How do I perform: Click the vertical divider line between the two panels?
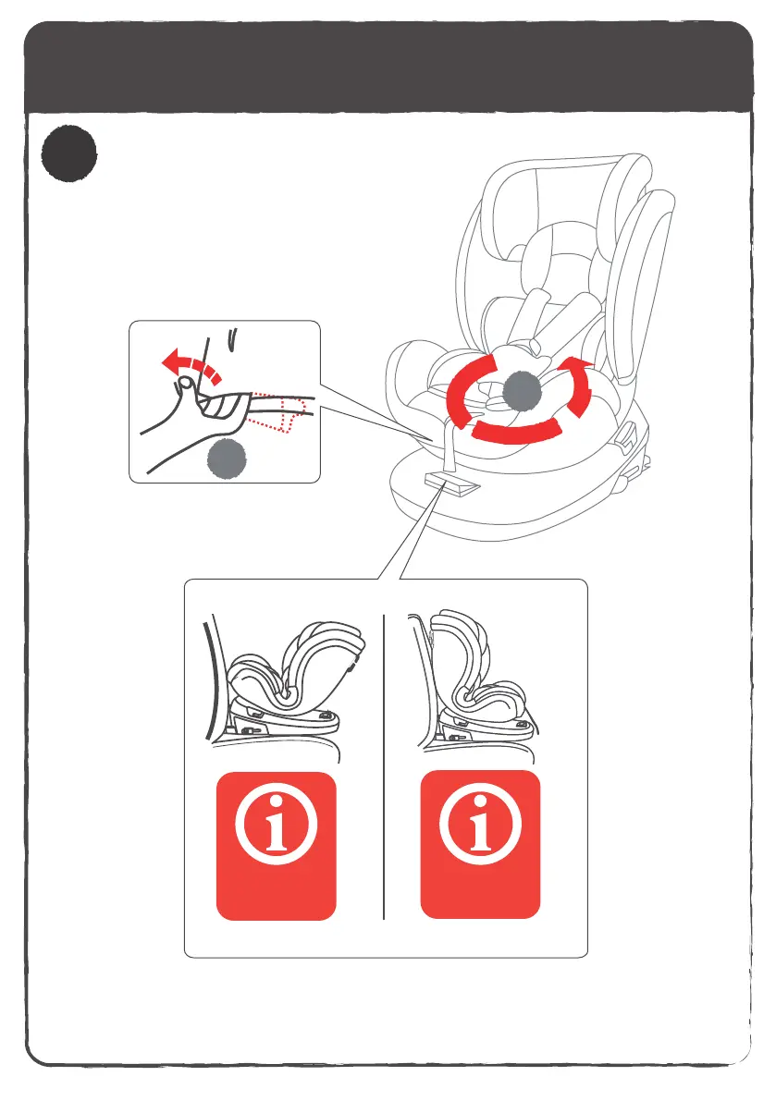coord(383,767)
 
